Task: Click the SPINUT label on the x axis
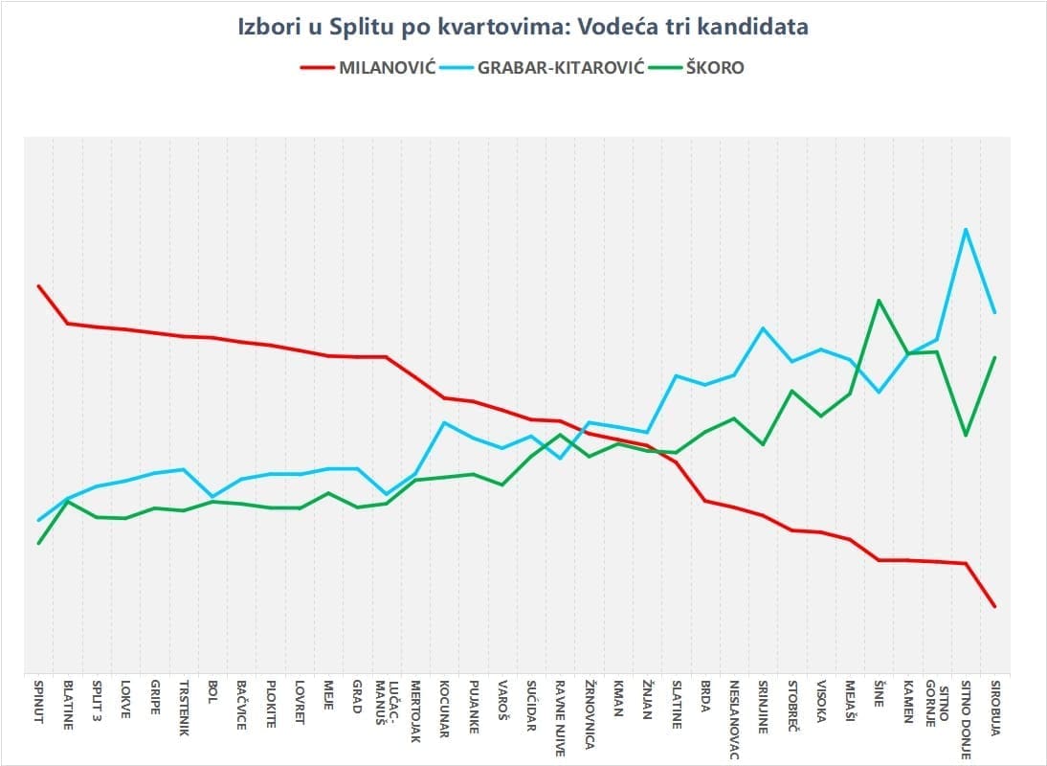[39, 703]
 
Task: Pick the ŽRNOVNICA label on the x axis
[590, 717]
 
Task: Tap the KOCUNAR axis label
[445, 710]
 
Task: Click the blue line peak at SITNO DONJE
[967, 229]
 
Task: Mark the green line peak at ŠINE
[879, 301]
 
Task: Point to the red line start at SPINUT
[39, 285]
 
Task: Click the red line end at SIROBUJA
[995, 606]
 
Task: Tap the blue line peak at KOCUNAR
[445, 422]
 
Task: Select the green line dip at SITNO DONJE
[967, 435]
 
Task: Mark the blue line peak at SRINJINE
[763, 328]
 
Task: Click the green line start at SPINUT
[39, 543]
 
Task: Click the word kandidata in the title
[751, 27]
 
